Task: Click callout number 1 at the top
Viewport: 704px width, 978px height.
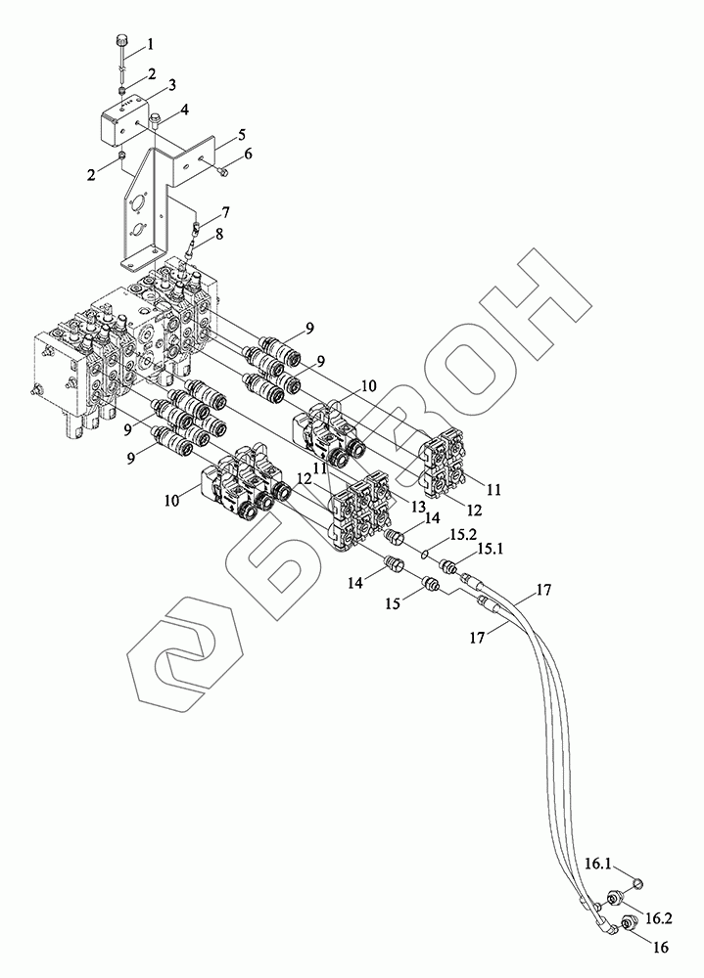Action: point(150,44)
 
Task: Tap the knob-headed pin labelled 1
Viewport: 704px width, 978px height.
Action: point(121,42)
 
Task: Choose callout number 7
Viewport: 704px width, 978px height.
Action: point(225,211)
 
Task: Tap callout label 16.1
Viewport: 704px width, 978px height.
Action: point(599,864)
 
